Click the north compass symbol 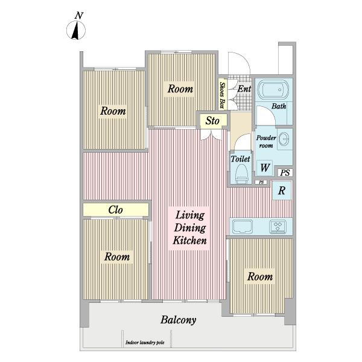[x=76, y=30]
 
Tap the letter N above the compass [x=79, y=16]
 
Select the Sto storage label [x=212, y=121]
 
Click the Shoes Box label [x=222, y=95]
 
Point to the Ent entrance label [x=244, y=89]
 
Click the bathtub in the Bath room [x=273, y=89]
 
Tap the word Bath [x=279, y=106]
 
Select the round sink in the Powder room [x=284, y=139]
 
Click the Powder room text [x=266, y=142]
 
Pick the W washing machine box [x=265, y=168]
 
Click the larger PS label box [x=285, y=173]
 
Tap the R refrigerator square [x=282, y=190]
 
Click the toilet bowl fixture [x=241, y=174]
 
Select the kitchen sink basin [x=243, y=226]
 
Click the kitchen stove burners [x=278, y=226]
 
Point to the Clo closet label [x=115, y=210]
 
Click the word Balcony [x=179, y=320]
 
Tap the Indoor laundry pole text [x=145, y=342]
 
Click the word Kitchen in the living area [x=190, y=240]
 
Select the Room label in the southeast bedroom [x=260, y=276]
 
